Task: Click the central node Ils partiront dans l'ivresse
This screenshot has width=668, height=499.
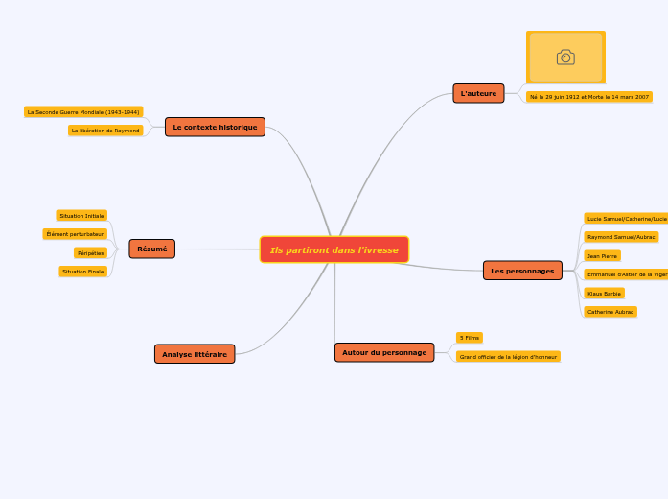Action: tap(334, 249)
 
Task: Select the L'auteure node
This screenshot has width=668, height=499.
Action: tap(478, 93)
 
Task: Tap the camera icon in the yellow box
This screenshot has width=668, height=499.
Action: tap(565, 58)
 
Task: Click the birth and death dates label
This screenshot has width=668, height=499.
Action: tap(588, 97)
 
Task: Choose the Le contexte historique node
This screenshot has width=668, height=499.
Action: tap(215, 127)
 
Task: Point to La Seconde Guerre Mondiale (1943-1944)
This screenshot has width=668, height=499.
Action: tap(83, 112)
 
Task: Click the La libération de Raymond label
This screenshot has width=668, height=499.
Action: tap(105, 131)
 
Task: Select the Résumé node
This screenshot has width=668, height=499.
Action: tap(151, 249)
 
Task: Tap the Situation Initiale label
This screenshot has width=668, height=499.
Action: tap(81, 216)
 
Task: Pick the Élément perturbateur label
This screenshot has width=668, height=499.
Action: tap(75, 234)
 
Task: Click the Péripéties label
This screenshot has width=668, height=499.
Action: tap(90, 253)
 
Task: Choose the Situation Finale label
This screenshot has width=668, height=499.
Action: tap(82, 272)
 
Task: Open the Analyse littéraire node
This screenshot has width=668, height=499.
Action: tap(195, 354)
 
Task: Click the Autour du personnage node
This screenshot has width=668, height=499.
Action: tap(383, 352)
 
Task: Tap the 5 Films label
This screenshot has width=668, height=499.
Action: tap(469, 338)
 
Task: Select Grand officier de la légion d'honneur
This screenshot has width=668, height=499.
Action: tap(508, 357)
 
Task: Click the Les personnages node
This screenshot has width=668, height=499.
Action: tap(522, 271)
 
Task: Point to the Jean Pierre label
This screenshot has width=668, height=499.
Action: tap(602, 256)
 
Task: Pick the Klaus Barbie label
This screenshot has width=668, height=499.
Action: tap(604, 294)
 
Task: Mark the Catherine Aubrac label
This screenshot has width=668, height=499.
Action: tap(610, 312)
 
